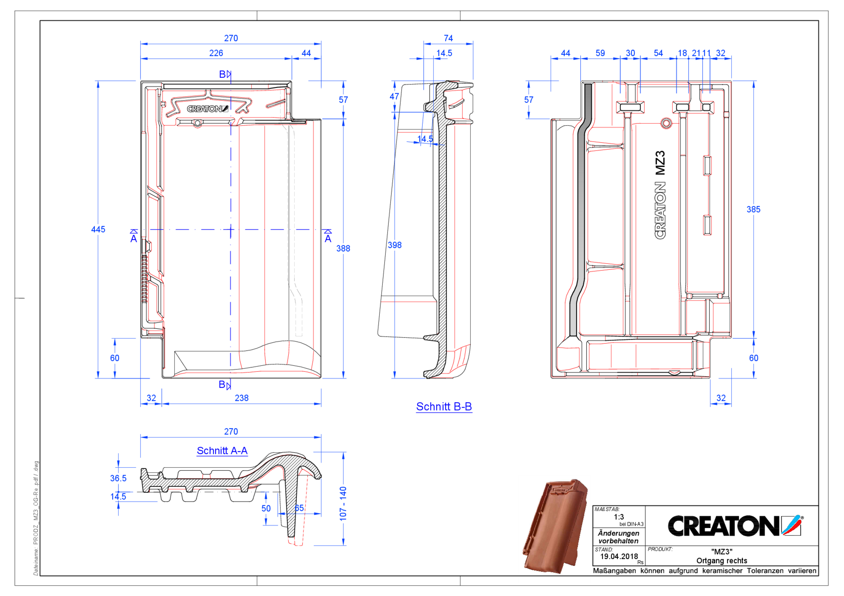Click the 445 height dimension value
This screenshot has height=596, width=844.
pyautogui.click(x=98, y=229)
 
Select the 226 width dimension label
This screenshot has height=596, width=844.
pyautogui.click(x=216, y=53)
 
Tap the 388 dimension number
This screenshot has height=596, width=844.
pyautogui.click(x=343, y=248)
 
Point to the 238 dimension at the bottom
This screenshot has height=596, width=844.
pyautogui.click(x=242, y=398)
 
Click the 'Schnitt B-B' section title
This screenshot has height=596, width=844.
pyautogui.click(x=444, y=407)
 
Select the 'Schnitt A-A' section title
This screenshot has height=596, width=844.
pyautogui.click(x=222, y=451)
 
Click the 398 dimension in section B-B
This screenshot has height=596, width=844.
pyautogui.click(x=394, y=245)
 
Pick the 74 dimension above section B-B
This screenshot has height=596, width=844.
pyautogui.click(x=448, y=38)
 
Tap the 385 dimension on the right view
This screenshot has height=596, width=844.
pyautogui.click(x=753, y=210)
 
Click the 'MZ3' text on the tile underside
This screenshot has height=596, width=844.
pyautogui.click(x=660, y=163)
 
